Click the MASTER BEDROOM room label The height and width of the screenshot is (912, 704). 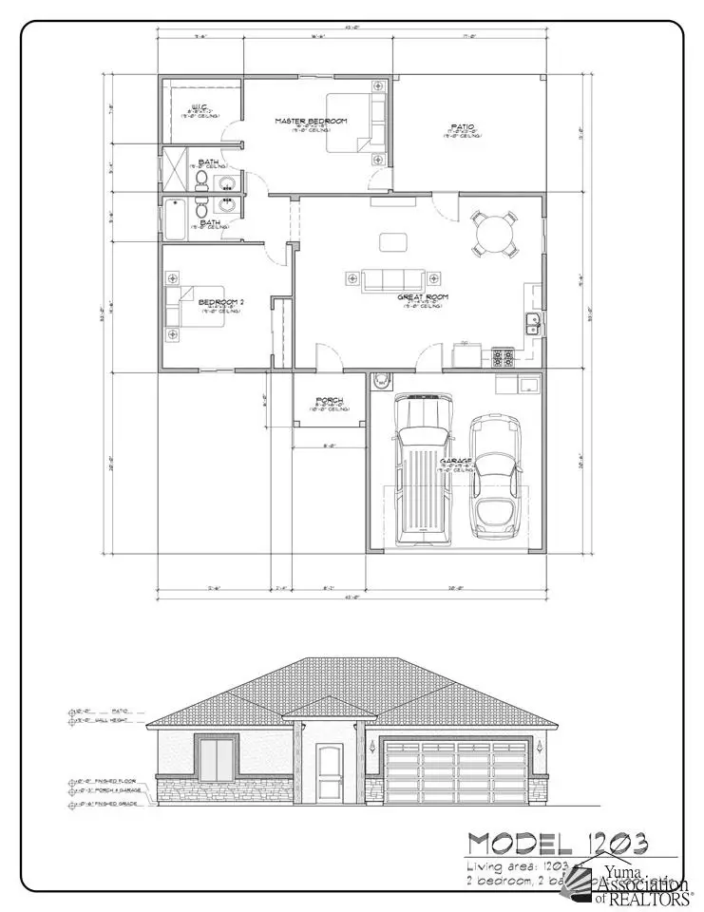(311, 122)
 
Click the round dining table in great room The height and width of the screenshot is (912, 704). (496, 234)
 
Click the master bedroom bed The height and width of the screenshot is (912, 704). (352, 123)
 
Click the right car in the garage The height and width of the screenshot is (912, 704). (496, 473)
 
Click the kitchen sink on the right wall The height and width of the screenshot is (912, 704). (532, 323)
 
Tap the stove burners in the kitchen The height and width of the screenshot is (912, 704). (503, 357)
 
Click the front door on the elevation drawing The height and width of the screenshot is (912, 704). (331, 771)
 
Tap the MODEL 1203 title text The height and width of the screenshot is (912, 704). (557, 844)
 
